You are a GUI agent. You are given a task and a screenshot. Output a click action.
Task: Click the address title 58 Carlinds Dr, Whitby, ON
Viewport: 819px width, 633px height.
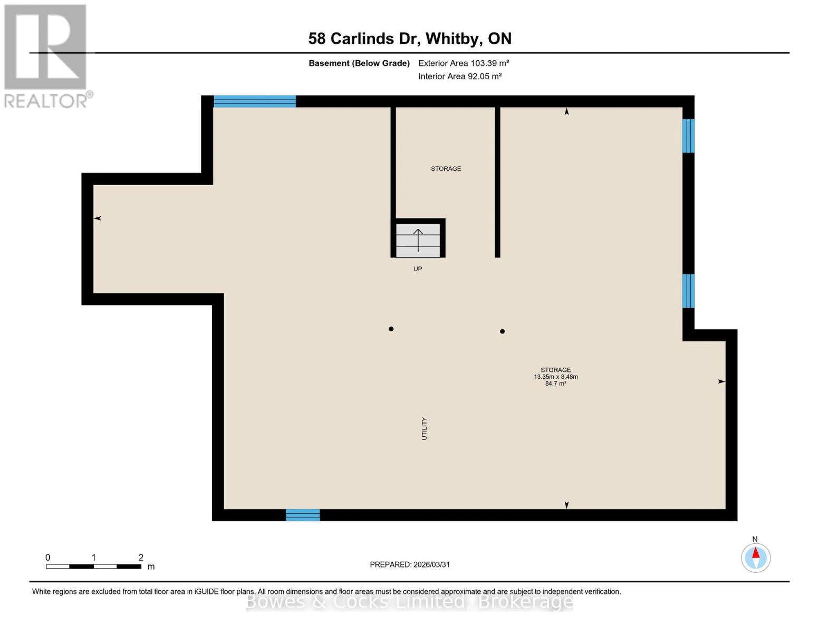410,39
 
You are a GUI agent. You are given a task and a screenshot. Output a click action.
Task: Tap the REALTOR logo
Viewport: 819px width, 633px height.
46,56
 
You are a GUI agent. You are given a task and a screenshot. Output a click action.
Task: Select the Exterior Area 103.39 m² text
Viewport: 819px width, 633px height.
464,63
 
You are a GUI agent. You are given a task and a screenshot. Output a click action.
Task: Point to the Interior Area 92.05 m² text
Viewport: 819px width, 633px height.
460,76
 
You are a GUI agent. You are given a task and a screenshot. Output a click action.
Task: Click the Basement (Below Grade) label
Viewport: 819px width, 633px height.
359,63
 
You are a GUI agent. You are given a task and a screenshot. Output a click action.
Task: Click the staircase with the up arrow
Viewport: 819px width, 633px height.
418,240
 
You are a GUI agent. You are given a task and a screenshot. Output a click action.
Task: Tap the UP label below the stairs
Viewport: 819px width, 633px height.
418,269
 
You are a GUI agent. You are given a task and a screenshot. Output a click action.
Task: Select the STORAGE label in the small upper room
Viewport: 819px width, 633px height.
446,169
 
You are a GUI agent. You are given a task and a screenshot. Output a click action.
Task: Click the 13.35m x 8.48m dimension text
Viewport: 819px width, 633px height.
556,377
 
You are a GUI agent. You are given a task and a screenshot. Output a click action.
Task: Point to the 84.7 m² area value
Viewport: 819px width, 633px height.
556,384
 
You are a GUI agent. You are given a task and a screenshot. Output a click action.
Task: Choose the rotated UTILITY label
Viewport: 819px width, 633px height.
424,428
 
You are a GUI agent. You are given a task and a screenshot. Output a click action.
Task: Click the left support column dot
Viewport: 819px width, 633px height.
391,329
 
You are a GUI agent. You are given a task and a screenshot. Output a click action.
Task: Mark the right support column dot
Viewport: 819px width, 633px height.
503,332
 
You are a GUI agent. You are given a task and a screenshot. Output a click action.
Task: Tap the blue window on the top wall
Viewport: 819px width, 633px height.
255,101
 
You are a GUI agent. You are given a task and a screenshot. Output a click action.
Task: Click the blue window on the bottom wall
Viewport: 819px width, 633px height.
303,515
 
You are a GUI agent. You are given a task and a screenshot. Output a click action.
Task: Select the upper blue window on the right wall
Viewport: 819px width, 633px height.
688,136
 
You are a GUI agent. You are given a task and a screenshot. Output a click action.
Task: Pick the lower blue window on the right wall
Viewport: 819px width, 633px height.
688,291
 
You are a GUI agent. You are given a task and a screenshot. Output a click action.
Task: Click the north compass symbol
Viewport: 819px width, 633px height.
756,558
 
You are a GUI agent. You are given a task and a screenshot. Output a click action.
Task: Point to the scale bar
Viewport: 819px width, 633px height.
93,567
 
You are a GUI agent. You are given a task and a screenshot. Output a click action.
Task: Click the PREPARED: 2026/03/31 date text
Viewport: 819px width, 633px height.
410,565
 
